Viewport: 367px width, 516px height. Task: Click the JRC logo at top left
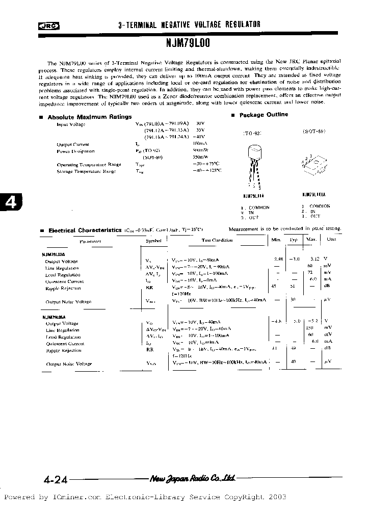pos(50,25)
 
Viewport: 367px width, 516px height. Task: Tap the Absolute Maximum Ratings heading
pos(89,117)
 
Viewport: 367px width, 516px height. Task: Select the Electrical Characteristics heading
pos(85,230)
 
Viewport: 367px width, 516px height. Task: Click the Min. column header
pos(276,239)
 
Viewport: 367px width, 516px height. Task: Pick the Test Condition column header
pos(217,240)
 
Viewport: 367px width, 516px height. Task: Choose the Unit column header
pos(331,239)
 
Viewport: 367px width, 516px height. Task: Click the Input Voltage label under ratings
pos(71,124)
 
